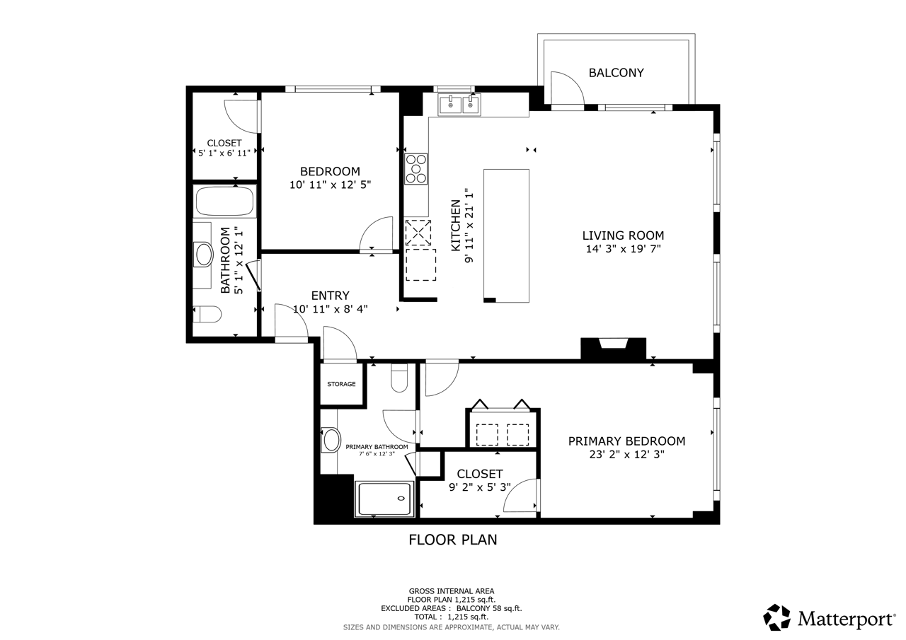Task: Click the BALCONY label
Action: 616,73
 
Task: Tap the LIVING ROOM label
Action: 623,235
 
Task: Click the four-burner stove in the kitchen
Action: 416,168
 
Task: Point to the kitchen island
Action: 506,235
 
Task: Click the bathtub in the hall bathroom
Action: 225,202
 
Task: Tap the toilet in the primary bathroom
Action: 399,378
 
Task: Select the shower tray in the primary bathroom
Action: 384,499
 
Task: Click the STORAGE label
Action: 341,384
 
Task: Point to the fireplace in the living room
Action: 613,348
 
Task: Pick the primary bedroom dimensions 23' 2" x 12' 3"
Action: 626,455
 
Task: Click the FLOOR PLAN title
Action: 452,540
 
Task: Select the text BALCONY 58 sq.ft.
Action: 489,608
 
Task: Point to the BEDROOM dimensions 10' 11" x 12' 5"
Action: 330,185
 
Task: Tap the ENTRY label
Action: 330,296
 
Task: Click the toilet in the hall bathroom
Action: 207,314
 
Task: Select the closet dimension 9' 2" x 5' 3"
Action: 480,487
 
